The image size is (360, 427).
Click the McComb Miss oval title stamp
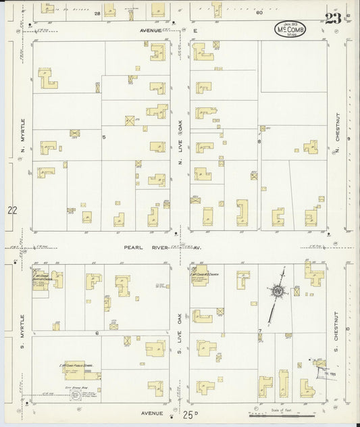point(294,30)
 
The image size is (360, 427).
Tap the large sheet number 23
point(332,18)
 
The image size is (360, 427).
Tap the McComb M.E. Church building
point(203,280)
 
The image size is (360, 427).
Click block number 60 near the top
point(259,13)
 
